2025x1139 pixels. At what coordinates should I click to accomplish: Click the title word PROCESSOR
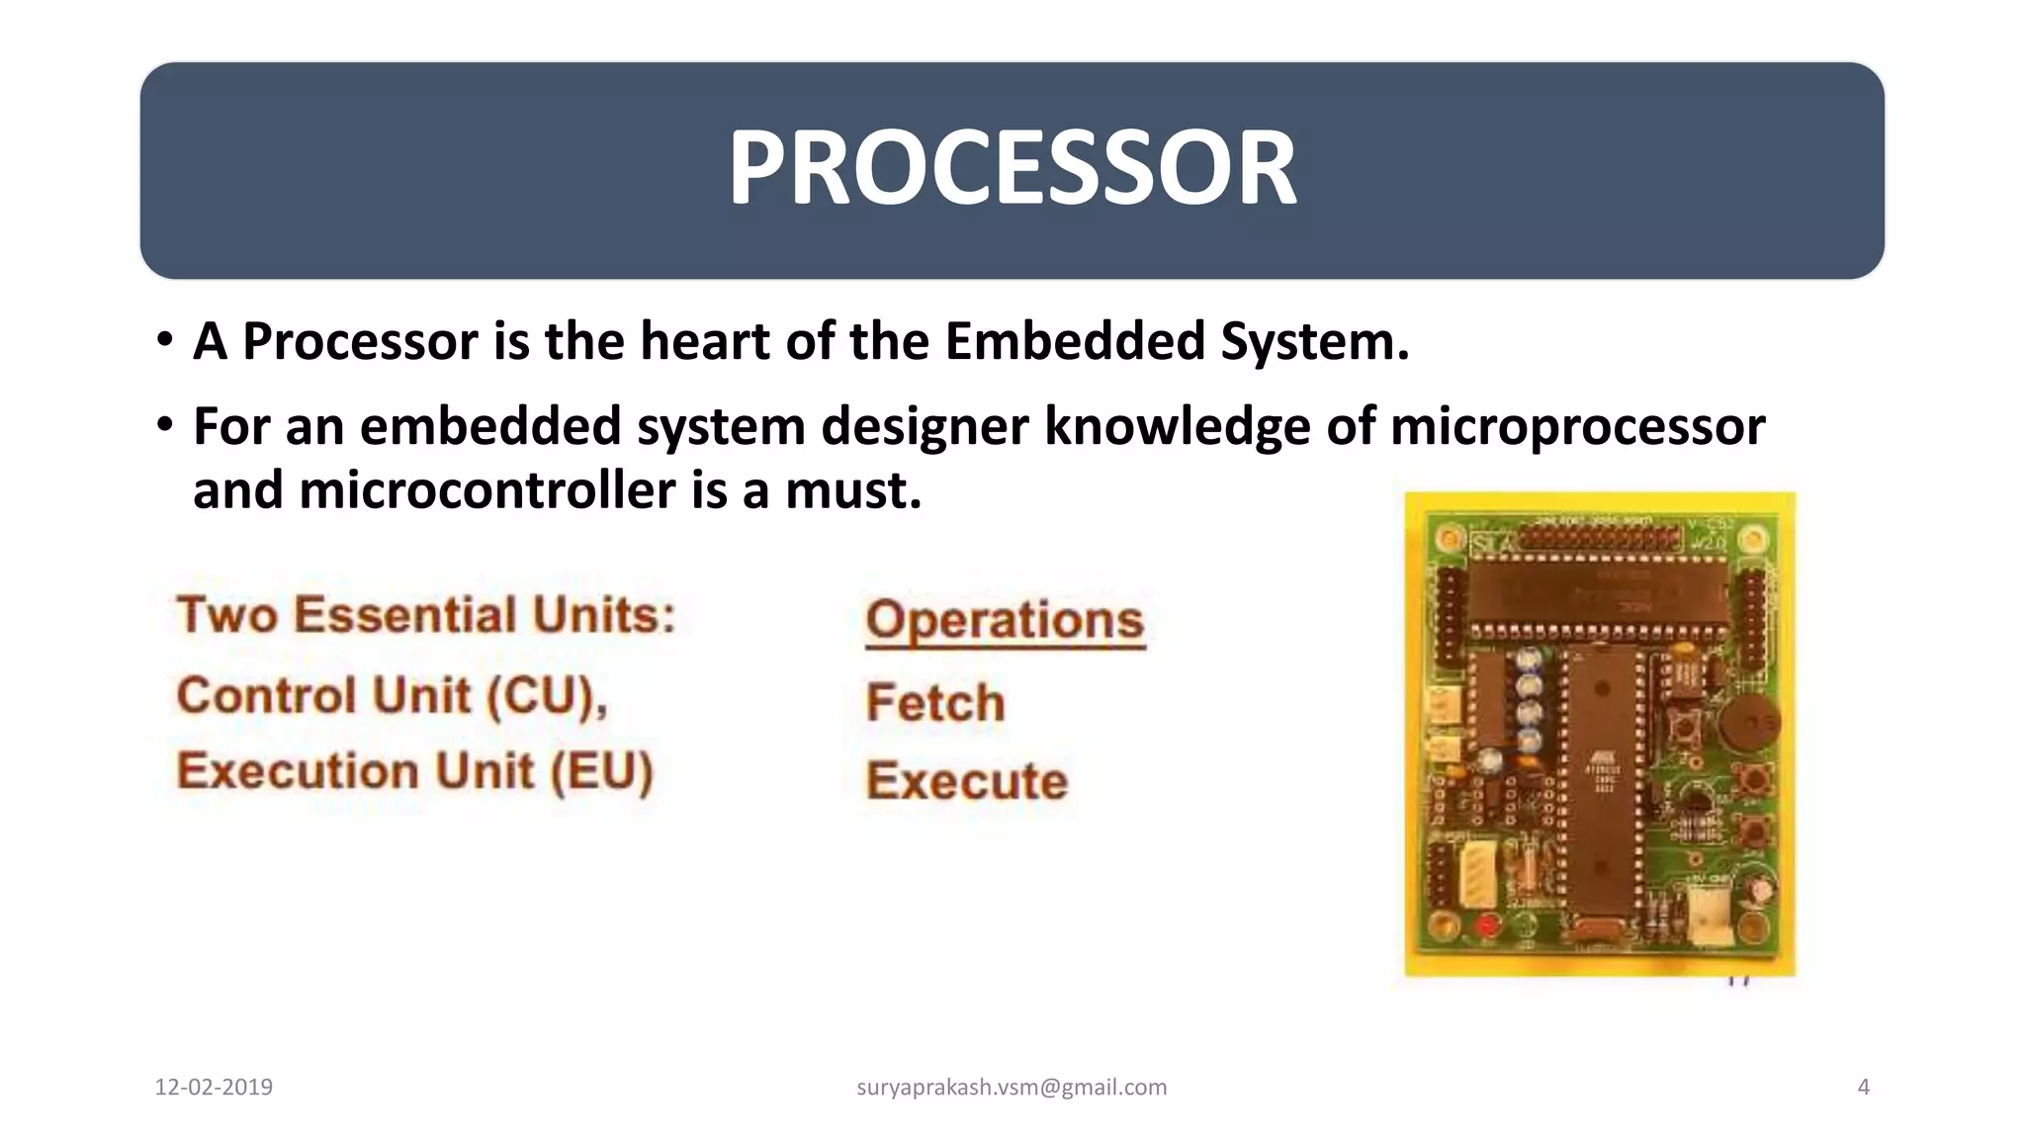[x=1012, y=168]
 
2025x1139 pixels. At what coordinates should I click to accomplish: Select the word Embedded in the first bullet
[x=1075, y=341]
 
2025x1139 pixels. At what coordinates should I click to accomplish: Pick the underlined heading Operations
[x=1005, y=620]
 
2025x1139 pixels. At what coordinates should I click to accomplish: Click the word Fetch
[x=935, y=703]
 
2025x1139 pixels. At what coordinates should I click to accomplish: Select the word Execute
[x=967, y=781]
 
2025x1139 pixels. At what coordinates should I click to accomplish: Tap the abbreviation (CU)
[x=546, y=696]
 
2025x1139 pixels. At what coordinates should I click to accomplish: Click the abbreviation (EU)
[x=601, y=771]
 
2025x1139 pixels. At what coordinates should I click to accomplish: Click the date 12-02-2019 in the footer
[x=214, y=1088]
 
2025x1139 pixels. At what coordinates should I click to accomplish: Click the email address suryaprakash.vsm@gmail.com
[x=1012, y=1088]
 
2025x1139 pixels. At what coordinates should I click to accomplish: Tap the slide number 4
[x=1864, y=1088]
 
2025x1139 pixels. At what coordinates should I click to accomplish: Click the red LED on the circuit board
[x=1486, y=925]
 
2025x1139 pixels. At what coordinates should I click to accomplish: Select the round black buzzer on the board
[x=1748, y=723]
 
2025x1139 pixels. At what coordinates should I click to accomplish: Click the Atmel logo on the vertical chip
[x=1603, y=753]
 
